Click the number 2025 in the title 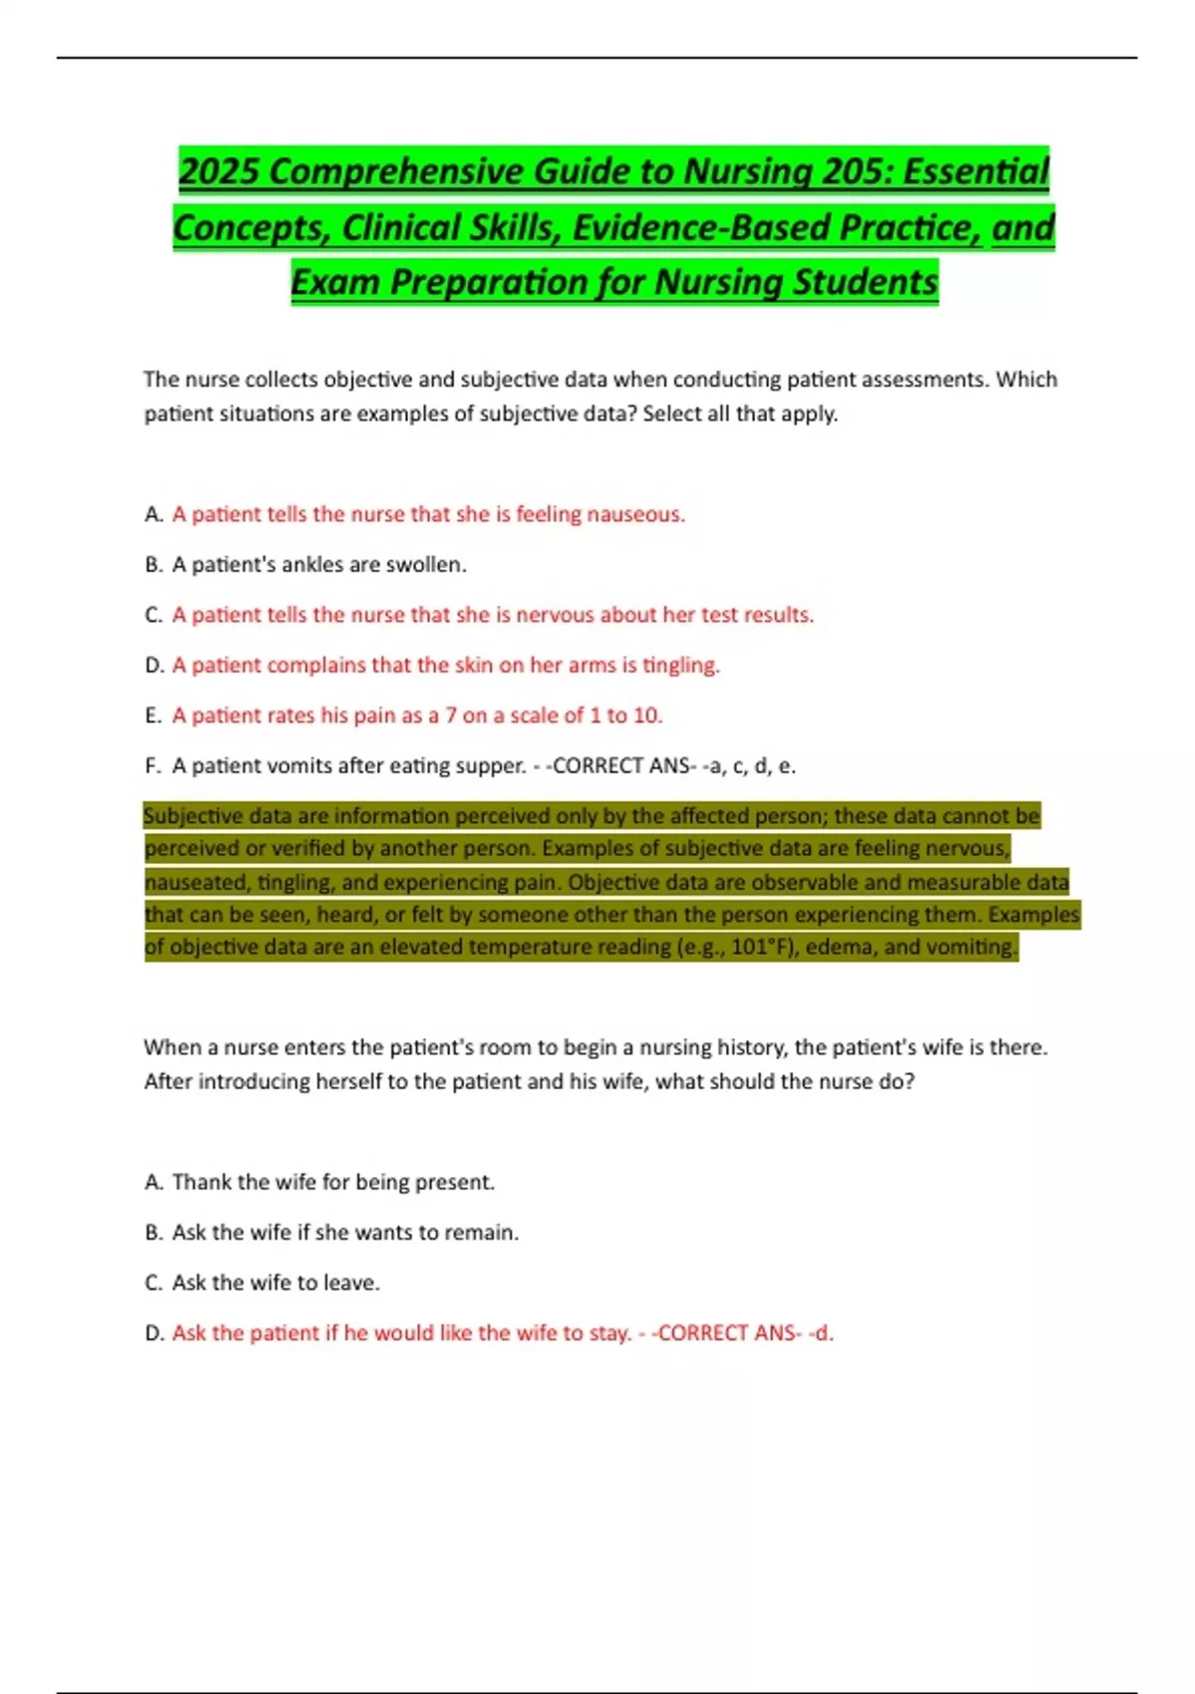tap(219, 171)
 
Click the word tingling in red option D tap(680, 665)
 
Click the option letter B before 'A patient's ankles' tap(152, 565)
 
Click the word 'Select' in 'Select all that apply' tap(672, 414)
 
